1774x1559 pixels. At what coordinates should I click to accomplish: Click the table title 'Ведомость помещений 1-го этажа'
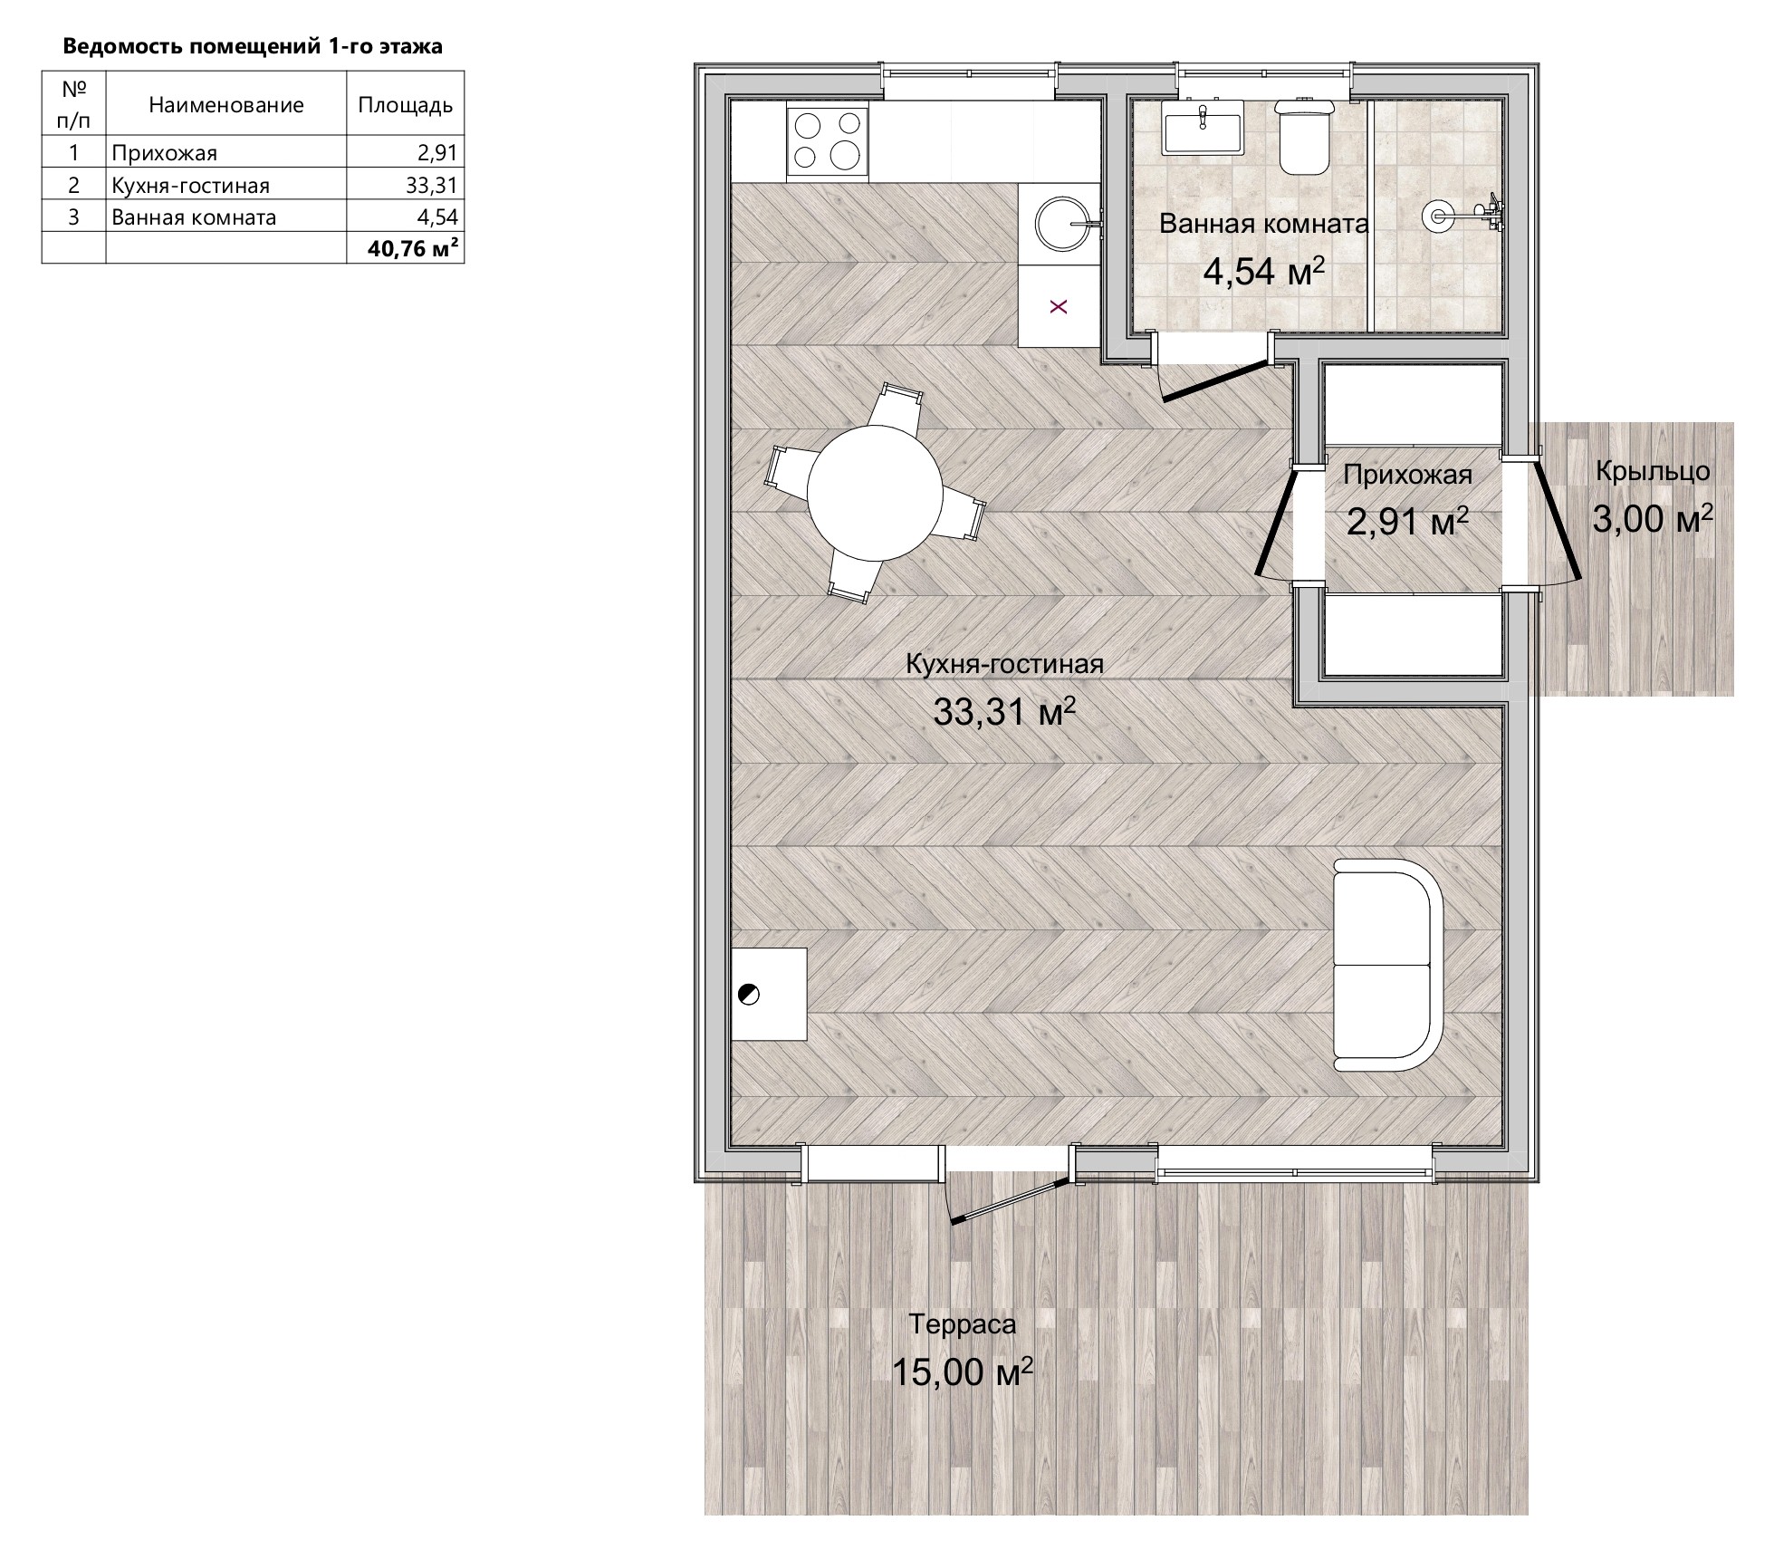(x=252, y=47)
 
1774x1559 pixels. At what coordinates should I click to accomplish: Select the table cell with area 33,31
(x=405, y=184)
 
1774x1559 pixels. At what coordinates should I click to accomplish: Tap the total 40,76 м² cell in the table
(x=405, y=248)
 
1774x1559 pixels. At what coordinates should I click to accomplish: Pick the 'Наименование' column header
(x=225, y=104)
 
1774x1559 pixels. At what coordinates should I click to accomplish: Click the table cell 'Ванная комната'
(x=226, y=217)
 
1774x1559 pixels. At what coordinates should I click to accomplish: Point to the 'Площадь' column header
(x=405, y=104)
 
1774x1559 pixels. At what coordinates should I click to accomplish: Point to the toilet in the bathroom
(x=1304, y=136)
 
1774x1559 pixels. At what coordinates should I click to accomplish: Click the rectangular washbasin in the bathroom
(x=1202, y=127)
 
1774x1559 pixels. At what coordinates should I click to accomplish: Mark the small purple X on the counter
(x=1059, y=307)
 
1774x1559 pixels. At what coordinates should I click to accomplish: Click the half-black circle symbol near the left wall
(x=749, y=994)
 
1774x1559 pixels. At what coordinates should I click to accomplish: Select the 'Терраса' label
(x=963, y=1324)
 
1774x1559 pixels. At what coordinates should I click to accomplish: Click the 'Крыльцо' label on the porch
(x=1653, y=471)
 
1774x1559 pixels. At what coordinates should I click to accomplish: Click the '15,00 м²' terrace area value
(x=963, y=1371)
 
